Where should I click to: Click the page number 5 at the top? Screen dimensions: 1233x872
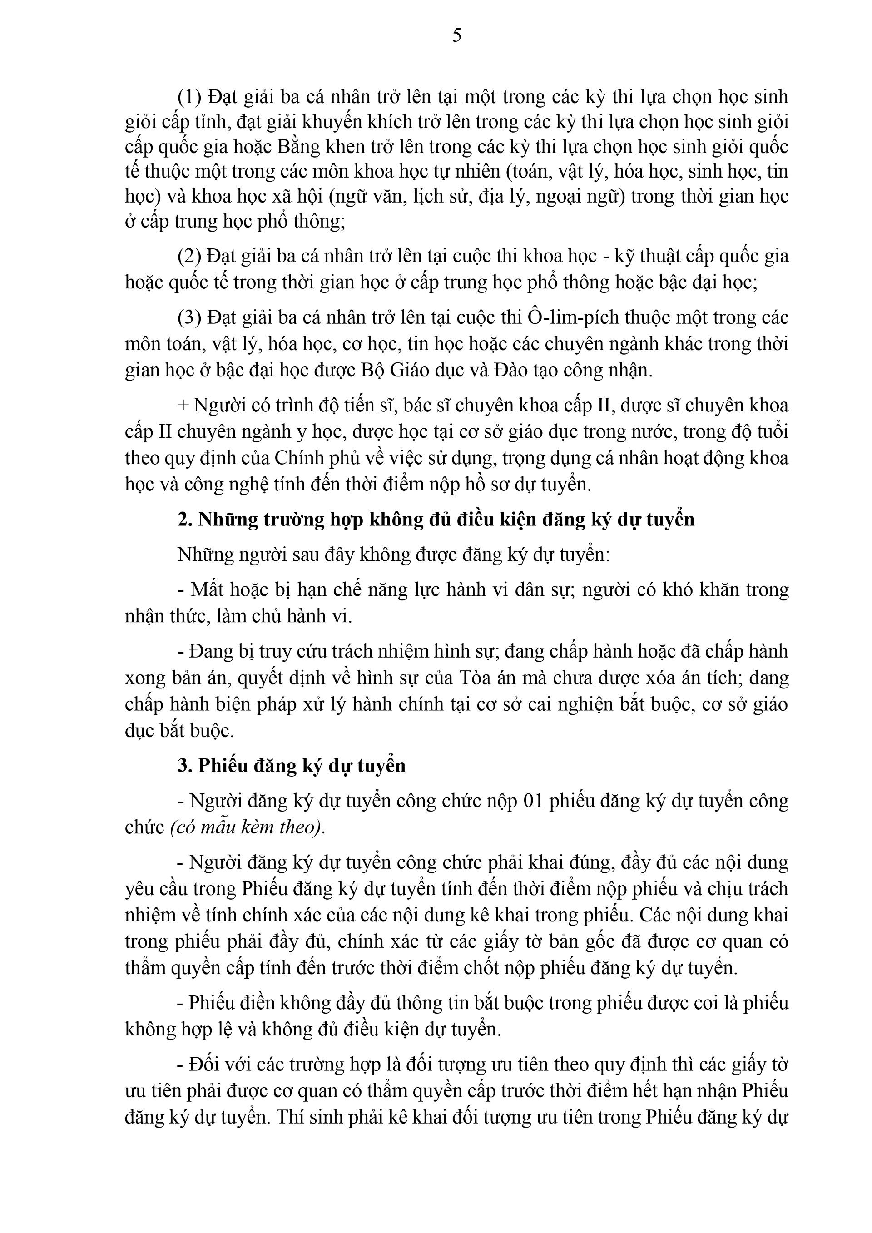457,35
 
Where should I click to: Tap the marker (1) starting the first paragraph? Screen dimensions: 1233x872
189,97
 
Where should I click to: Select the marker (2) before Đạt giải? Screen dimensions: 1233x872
189,256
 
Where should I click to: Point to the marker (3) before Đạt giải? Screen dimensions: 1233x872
189,317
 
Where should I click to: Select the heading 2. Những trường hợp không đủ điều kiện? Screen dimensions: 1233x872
436,519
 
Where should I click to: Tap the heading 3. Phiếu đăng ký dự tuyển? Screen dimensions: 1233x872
292,765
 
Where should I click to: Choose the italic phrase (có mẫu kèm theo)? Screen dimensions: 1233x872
248,827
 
